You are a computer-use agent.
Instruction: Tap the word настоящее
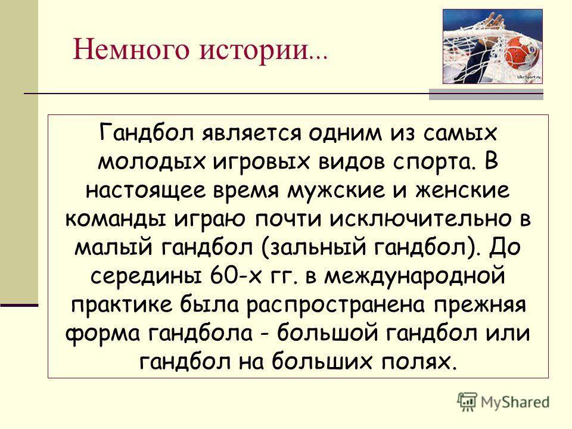[146, 191]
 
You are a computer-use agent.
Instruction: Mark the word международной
[415, 277]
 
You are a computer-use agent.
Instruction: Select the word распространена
[336, 306]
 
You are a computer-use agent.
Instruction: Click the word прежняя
[480, 306]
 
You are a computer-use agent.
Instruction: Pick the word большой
[327, 333]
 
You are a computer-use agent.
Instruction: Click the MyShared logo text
[515, 402]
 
